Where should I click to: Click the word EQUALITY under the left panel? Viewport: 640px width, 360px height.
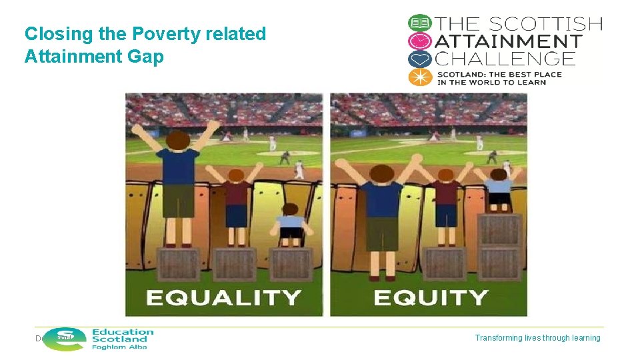point(223,297)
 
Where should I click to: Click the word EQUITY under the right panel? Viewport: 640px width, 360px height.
point(430,297)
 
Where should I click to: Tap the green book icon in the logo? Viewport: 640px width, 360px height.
point(420,23)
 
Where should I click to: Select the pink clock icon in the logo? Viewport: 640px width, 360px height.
point(420,41)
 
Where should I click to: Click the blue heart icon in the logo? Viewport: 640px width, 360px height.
point(420,59)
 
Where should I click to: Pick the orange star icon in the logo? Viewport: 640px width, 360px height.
point(420,77)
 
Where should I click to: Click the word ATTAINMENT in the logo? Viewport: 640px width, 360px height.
point(508,41)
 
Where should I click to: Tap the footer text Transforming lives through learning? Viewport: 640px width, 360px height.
point(537,338)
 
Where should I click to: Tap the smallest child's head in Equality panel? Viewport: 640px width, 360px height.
point(289,211)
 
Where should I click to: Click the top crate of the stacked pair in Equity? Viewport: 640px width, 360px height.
point(499,231)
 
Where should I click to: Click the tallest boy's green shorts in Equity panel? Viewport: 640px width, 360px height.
point(383,233)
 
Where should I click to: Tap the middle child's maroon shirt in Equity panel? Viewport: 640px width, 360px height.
point(445,195)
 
